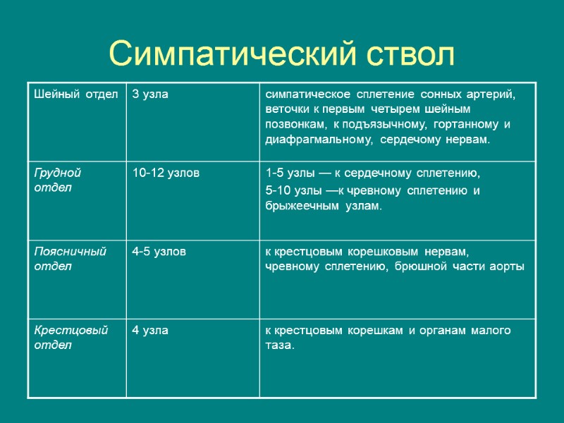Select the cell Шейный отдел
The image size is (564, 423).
75,95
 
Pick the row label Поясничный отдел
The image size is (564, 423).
70,259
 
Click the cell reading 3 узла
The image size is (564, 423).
150,95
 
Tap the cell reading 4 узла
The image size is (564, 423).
150,331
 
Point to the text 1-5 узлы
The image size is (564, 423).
288,173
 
